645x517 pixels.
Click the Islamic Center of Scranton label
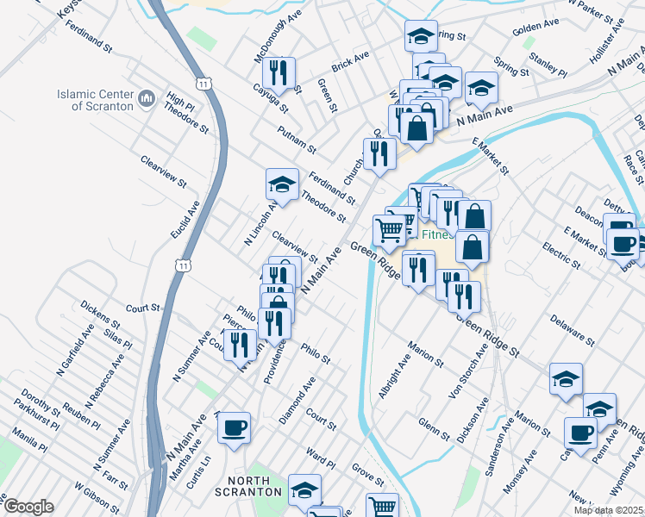95,100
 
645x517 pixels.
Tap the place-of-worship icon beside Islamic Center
146,100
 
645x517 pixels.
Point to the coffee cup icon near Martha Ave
234,427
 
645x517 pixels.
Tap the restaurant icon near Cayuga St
279,73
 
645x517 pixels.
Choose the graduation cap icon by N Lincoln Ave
282,184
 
